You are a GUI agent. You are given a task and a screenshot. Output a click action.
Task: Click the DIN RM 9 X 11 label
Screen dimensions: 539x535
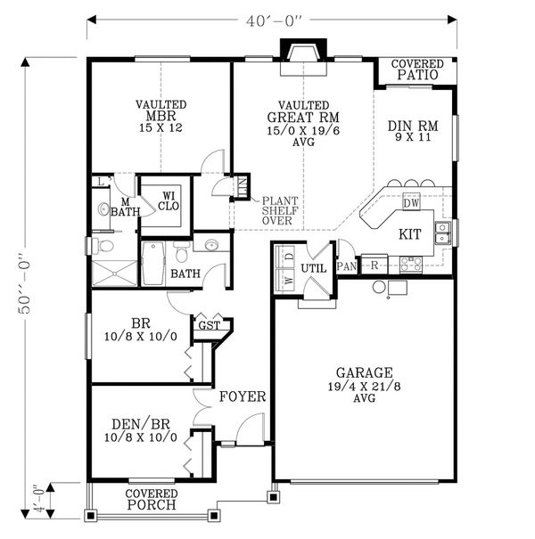[410, 132]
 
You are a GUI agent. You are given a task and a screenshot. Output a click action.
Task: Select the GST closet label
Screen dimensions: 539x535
[210, 326]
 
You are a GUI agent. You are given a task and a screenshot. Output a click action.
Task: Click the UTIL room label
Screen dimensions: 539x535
[313, 267]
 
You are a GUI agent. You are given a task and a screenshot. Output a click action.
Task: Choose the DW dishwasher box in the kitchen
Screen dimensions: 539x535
[411, 203]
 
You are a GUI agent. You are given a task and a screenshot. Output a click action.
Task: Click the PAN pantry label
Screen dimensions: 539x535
[347, 265]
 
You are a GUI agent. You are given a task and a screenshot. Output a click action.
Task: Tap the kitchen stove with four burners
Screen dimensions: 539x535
[411, 263]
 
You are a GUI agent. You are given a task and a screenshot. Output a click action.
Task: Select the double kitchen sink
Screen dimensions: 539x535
[441, 233]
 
